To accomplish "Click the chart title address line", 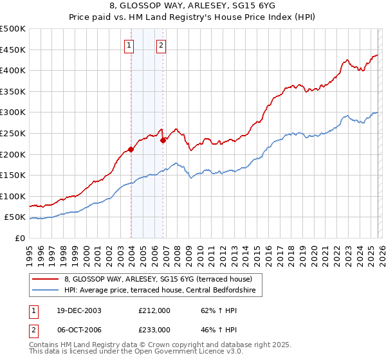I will click(x=192, y=6).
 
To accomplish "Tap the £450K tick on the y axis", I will click(x=13, y=50).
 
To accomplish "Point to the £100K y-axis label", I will click(x=13, y=196).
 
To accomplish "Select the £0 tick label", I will click(x=19, y=238).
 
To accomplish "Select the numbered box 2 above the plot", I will click(x=160, y=45).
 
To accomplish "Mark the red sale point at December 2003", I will click(x=131, y=149).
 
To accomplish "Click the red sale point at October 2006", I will click(x=163, y=140).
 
